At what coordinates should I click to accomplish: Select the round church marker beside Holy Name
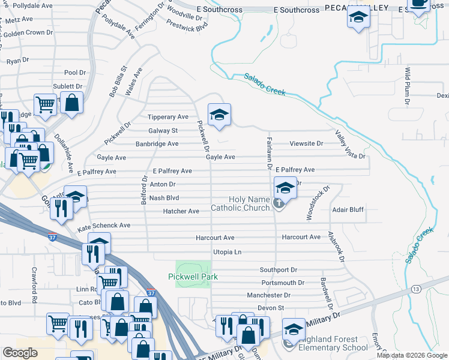point(279,203)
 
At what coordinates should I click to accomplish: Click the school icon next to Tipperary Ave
point(220,115)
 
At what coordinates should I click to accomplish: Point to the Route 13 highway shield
point(415,289)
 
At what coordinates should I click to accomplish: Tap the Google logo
point(20,353)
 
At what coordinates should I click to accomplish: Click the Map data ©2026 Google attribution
point(411,355)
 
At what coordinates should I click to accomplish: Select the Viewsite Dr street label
point(306,143)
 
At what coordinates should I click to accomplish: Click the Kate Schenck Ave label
point(104,226)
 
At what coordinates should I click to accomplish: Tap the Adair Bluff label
point(348,211)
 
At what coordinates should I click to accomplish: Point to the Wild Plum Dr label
point(408,86)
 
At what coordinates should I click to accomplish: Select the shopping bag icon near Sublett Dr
point(72,102)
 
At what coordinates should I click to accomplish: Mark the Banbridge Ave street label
point(157,144)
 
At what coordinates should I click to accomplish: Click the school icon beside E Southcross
point(358,18)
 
